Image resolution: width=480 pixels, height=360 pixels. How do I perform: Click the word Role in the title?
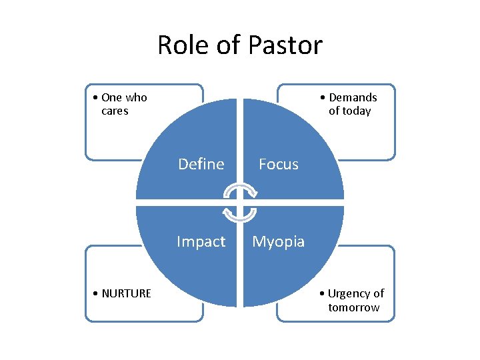pos(179,45)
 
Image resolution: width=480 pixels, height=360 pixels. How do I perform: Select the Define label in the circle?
pos(201,164)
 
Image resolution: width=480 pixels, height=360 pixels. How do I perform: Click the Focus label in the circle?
pos(279,164)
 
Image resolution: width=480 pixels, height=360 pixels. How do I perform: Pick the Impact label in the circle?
pos(201,241)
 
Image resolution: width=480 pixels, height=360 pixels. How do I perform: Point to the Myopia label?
pos(279,241)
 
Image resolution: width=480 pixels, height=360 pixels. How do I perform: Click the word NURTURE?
pos(127,293)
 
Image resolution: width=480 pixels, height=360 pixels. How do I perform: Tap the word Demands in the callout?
pos(353,97)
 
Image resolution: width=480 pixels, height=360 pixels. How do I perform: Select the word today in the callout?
pos(356,111)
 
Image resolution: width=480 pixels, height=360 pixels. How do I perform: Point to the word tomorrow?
pos(353,307)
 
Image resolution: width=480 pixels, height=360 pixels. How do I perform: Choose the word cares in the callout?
pos(115,111)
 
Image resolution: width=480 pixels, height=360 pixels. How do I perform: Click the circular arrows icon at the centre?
pos(240,203)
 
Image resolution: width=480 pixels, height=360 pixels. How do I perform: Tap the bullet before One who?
pos(97,97)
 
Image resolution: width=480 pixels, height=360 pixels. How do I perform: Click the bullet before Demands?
pos(324,97)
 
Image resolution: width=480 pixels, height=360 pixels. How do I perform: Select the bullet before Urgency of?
pos(323,293)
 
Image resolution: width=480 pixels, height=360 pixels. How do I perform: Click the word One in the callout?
pos(111,97)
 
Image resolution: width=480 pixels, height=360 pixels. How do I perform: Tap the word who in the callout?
pos(136,97)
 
